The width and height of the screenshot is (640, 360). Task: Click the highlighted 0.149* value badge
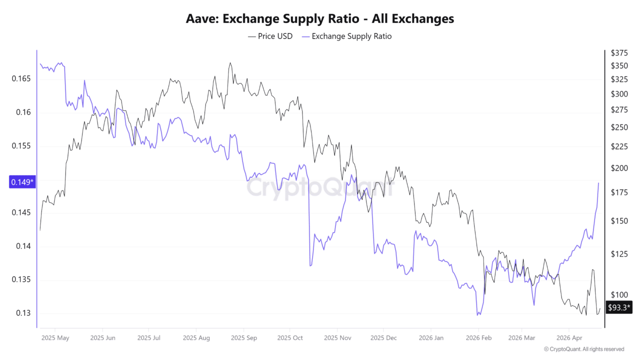click(x=22, y=182)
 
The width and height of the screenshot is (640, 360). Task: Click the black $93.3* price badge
click(x=618, y=307)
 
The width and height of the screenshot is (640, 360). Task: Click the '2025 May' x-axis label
click(x=56, y=338)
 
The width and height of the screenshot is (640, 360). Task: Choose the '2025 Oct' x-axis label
click(x=290, y=338)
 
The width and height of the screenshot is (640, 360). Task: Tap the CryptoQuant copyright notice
click(x=583, y=349)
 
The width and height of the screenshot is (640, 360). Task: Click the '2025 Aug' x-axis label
click(x=196, y=338)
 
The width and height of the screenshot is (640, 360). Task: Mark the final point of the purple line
click(x=598, y=183)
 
